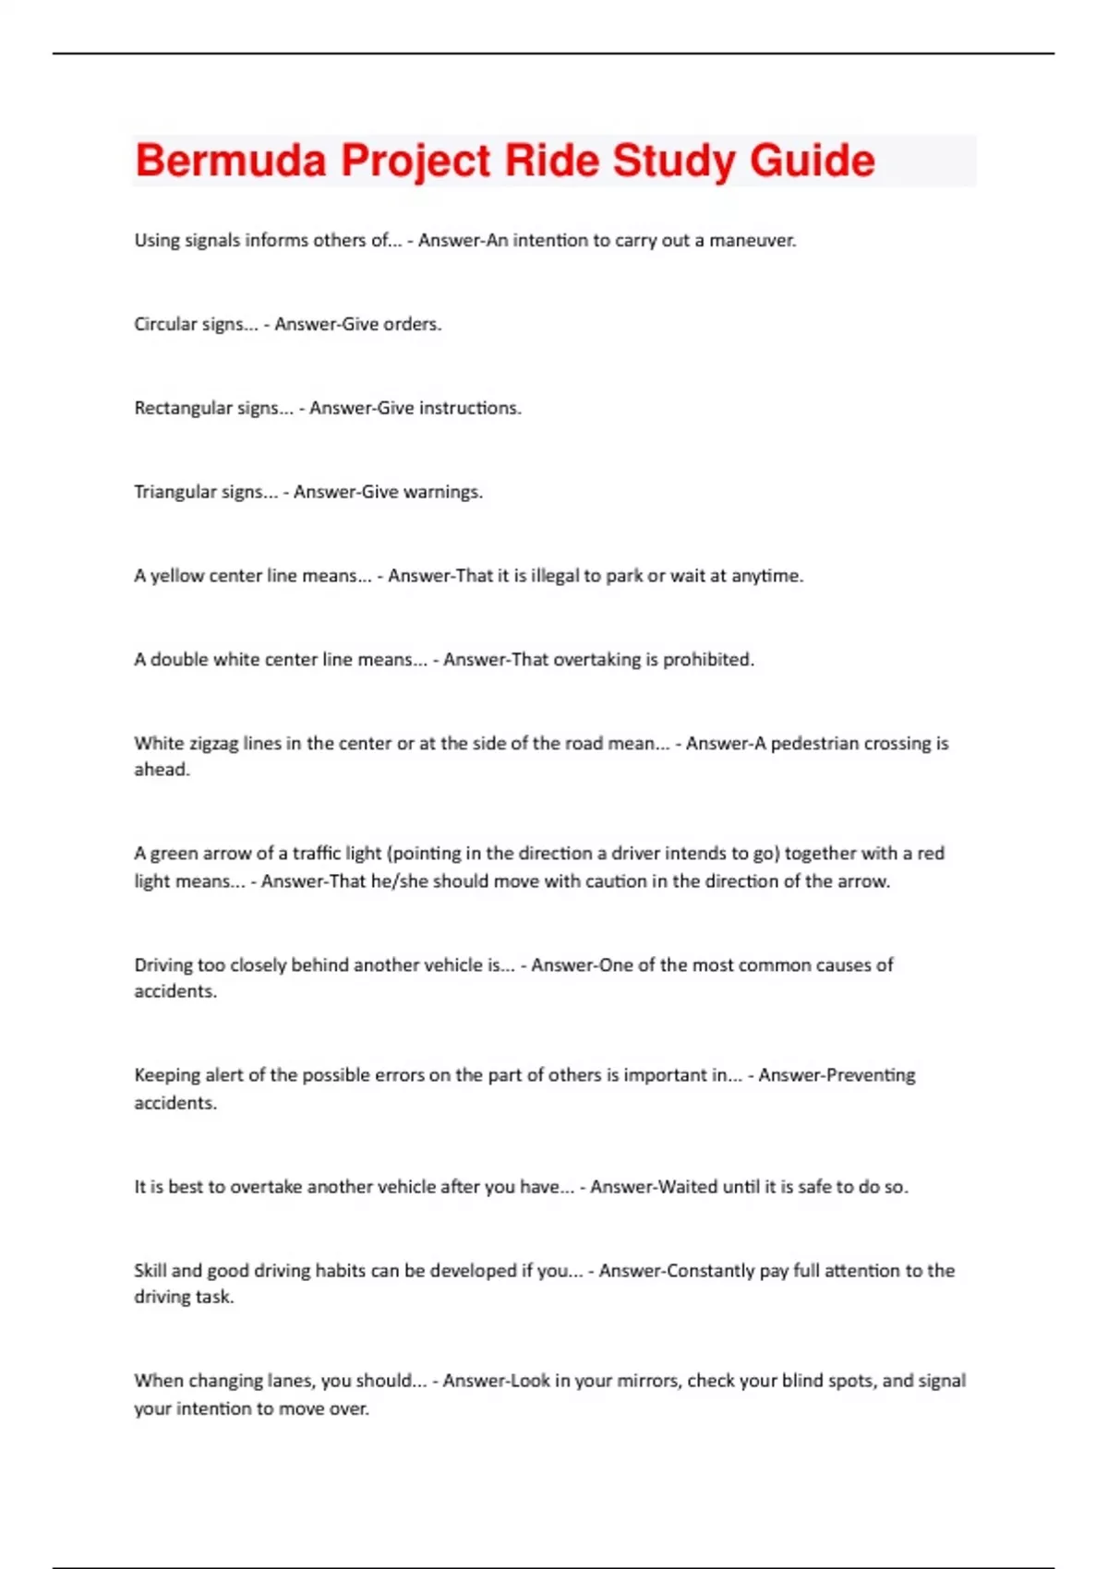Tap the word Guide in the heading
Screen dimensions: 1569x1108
[813, 161]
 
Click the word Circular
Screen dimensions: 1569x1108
[167, 324]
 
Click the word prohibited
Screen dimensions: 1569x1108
[708, 660]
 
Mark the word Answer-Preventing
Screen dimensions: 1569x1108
[837, 1075]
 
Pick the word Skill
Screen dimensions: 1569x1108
[150, 1271]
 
